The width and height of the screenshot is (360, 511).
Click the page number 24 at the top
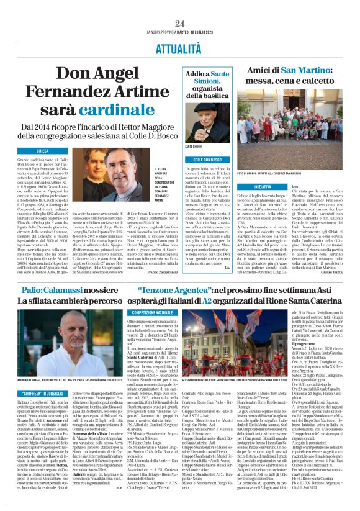coord(179,24)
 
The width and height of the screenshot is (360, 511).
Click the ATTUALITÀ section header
coord(179,46)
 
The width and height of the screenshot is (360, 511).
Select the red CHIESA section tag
coord(43,151)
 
